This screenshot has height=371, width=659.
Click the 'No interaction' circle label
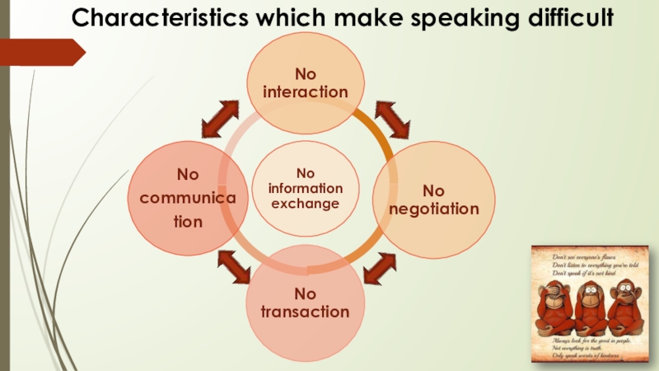click(x=306, y=83)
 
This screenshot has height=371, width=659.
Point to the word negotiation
click(x=434, y=209)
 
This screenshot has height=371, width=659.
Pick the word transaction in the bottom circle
click(x=306, y=312)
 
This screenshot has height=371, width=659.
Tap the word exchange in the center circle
click(x=306, y=203)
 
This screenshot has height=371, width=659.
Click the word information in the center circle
click(x=306, y=188)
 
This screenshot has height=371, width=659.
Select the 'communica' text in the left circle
click(x=189, y=199)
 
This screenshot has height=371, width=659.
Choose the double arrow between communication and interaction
click(x=220, y=120)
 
